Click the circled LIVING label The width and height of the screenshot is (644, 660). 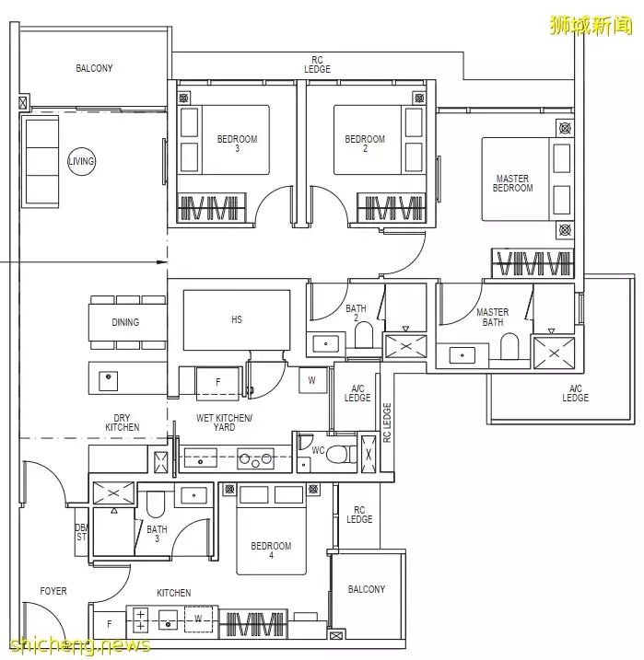[x=82, y=161]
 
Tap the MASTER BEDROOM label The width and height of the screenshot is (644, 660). [x=512, y=183]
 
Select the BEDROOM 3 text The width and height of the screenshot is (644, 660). [x=237, y=143]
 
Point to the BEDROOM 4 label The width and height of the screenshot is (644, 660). [x=271, y=550]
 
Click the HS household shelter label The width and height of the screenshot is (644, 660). [x=237, y=320]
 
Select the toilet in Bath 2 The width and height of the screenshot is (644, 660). [x=364, y=335]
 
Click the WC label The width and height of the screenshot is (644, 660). [x=318, y=450]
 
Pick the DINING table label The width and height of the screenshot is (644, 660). [x=125, y=322]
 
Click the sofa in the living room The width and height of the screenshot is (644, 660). [x=42, y=163]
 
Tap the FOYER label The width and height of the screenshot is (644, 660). [x=53, y=591]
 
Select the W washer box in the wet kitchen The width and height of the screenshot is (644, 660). [x=312, y=380]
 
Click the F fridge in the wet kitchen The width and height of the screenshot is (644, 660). [x=218, y=382]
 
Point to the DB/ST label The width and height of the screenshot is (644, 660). [x=81, y=532]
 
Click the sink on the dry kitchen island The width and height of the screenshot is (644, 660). [x=108, y=380]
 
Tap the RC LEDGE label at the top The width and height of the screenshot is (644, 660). [x=317, y=64]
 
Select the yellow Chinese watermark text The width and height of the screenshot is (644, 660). [x=591, y=25]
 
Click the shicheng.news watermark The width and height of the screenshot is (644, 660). [x=80, y=644]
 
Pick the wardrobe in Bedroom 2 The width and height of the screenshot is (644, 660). [x=392, y=207]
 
